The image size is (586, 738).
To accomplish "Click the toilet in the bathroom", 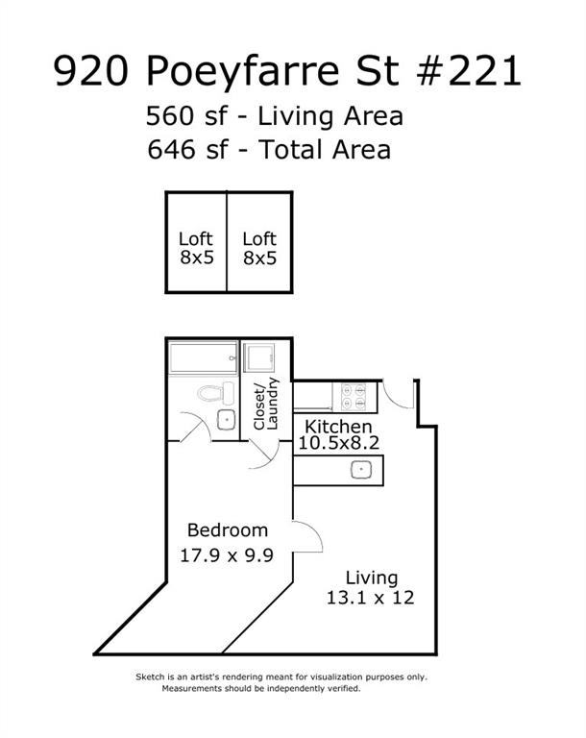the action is [x=216, y=393].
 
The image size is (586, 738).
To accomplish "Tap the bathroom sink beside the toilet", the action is [x=227, y=419].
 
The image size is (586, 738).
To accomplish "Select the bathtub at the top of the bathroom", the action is [x=204, y=357].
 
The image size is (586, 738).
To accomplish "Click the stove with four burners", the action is [x=354, y=397].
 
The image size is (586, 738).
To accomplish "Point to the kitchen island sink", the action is [x=361, y=469].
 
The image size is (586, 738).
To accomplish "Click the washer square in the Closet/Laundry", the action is [x=258, y=357].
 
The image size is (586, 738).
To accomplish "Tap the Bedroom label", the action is [x=228, y=530].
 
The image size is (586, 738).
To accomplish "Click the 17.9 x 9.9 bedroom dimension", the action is [x=227, y=555].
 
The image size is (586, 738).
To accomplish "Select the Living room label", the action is [x=372, y=578].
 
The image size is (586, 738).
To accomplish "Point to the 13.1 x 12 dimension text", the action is [x=371, y=598].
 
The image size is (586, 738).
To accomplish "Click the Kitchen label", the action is [x=338, y=427].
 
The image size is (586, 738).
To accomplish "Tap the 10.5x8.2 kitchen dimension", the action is [x=339, y=443].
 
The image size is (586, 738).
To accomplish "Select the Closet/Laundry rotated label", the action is [x=266, y=404].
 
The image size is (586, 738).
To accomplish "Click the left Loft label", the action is [x=196, y=239].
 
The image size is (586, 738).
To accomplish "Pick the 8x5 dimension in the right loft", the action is [x=259, y=258].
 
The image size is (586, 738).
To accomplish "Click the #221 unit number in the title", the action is [x=469, y=71].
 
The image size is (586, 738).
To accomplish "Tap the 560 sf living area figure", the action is [x=187, y=116].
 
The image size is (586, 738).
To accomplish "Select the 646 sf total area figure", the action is [x=187, y=150].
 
